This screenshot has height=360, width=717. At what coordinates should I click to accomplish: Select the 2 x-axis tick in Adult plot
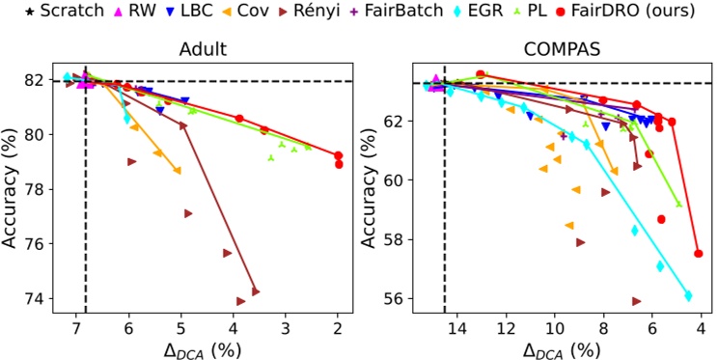tap(338, 328)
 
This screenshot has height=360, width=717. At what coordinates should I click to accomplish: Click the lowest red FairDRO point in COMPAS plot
tap(698, 254)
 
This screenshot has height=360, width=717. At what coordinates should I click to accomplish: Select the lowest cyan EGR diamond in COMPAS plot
tap(688, 295)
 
